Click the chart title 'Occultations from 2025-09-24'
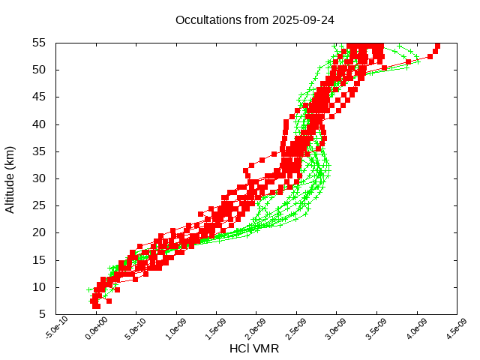click(255, 19)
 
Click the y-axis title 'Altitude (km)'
click(10, 179)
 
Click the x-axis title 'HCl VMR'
click(254, 349)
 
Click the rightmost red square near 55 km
click(438, 46)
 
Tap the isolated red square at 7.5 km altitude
click(109, 301)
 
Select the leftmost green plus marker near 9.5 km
click(89, 289)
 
